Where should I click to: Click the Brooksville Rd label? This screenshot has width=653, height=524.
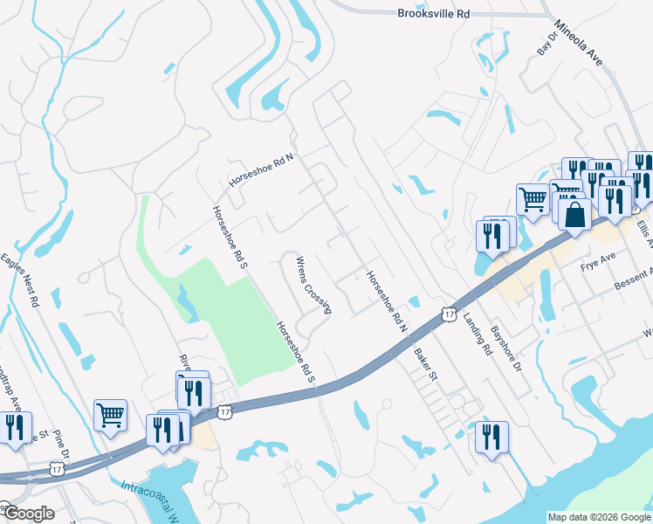click(x=434, y=13)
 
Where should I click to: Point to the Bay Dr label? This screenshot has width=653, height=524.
click(x=546, y=45)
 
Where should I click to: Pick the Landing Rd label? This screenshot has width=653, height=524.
click(x=479, y=332)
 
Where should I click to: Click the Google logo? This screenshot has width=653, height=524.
click(x=28, y=514)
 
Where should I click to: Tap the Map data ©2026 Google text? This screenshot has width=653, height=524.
click(x=598, y=517)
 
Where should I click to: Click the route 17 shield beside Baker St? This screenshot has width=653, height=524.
click(x=449, y=313)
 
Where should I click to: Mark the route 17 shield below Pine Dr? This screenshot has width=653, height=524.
click(x=58, y=468)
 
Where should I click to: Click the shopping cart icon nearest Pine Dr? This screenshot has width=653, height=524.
click(x=111, y=416)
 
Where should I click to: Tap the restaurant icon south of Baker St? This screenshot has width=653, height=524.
click(x=491, y=436)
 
